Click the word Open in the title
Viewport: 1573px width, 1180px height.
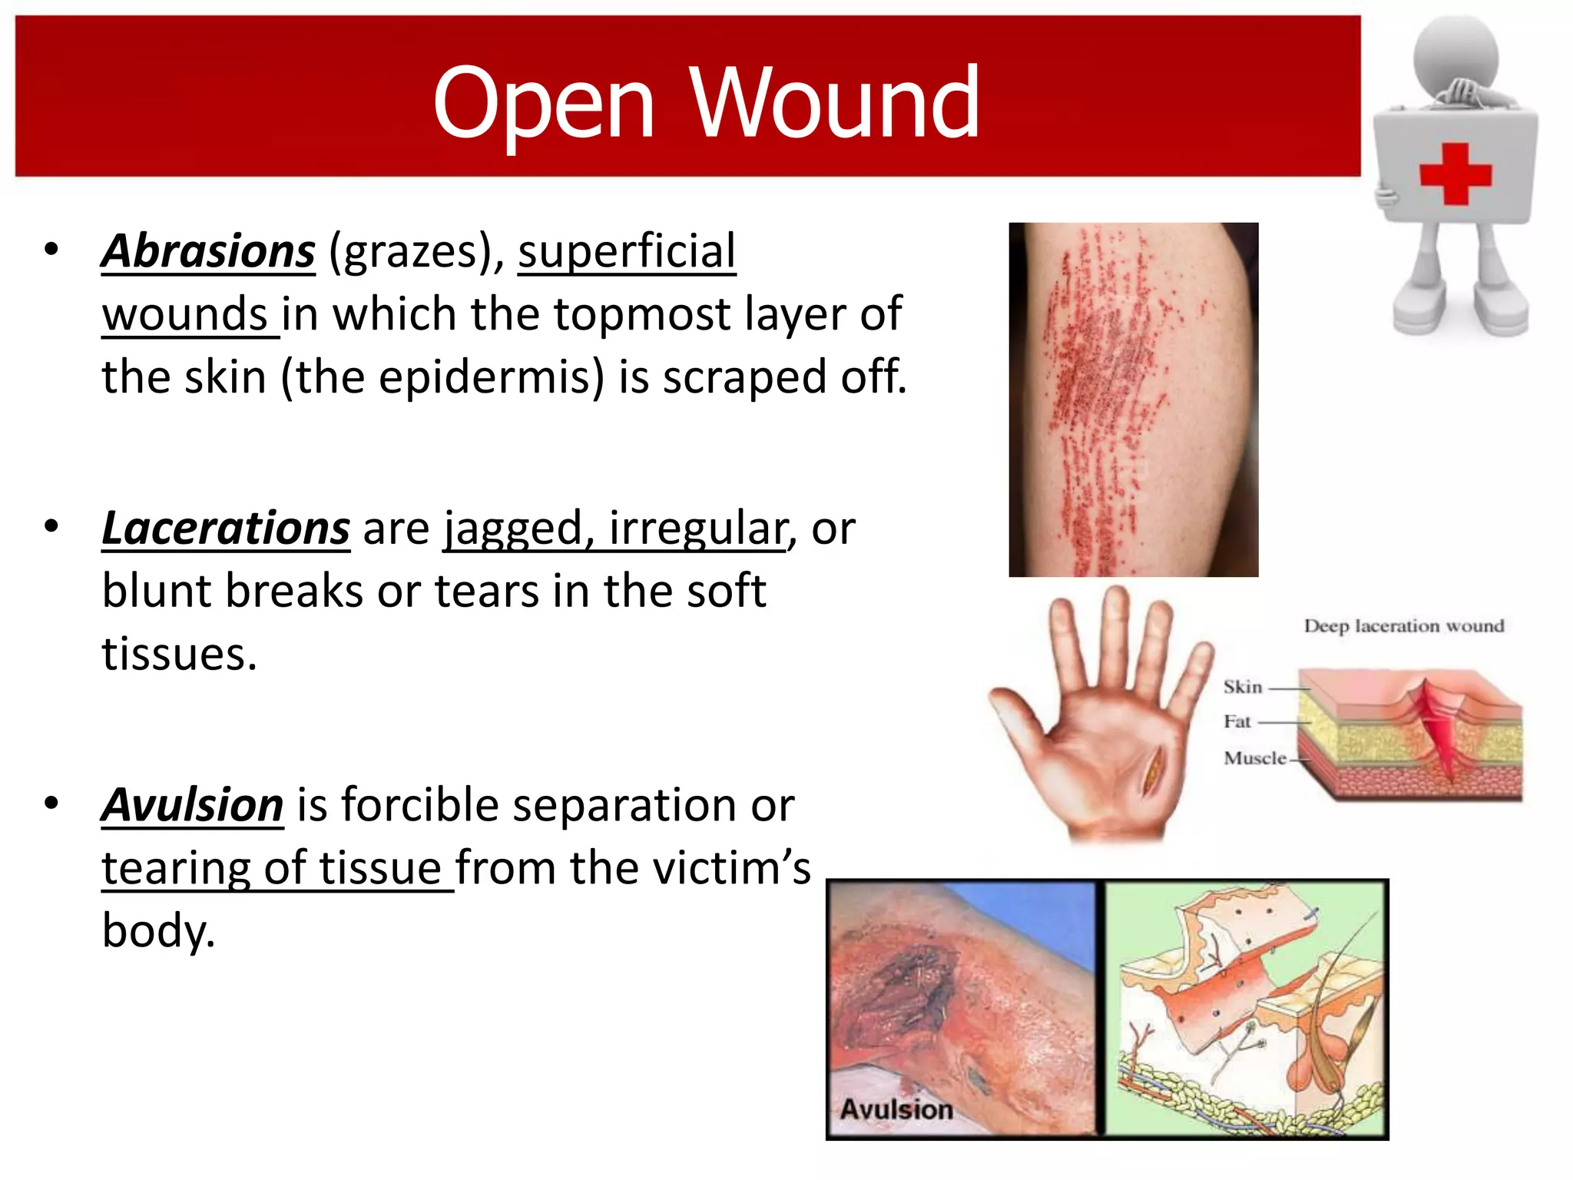(544, 104)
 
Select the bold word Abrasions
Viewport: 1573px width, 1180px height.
(208, 251)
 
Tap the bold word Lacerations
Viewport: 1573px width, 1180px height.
(226, 529)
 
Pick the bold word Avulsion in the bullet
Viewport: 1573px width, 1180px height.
(193, 805)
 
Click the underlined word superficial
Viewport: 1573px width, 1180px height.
(627, 251)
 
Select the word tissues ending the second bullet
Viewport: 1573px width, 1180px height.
(179, 655)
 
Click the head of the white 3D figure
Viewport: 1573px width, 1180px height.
(1455, 54)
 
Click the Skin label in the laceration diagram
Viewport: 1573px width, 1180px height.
(1242, 687)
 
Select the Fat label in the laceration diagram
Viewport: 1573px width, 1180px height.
(1237, 721)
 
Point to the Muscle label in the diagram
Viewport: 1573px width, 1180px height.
(1253, 758)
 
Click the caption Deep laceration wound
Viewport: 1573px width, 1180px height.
(1403, 626)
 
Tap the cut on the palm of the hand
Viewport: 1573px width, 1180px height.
(1152, 772)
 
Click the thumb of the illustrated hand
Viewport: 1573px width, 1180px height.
(1018, 714)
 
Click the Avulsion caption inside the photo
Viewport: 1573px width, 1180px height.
(896, 1109)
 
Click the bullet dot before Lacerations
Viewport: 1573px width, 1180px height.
(51, 527)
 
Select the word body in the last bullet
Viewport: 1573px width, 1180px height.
(157, 931)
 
